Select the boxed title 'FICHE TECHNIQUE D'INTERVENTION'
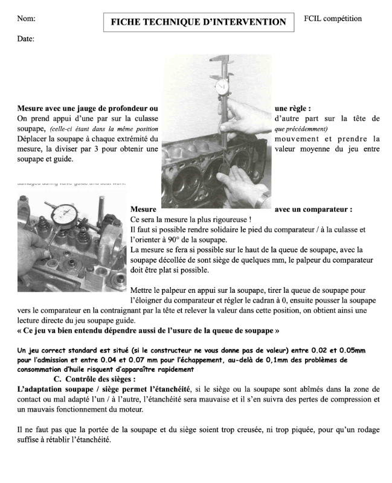point(198,22)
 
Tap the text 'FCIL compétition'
point(333,19)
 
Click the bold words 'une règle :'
point(292,108)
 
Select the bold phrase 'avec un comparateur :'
point(313,210)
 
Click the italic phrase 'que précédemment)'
point(300,129)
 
